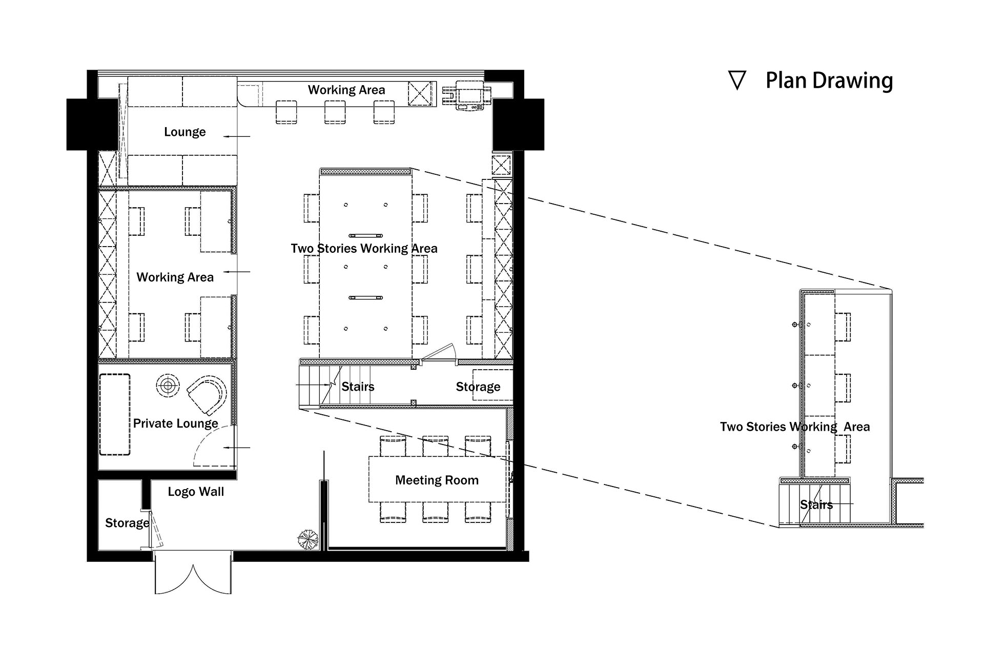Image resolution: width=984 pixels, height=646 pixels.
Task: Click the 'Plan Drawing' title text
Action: pos(829,81)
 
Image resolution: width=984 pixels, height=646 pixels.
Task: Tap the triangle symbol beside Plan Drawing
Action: pos(737,80)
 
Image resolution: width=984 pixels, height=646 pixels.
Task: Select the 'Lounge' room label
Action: pos(184,132)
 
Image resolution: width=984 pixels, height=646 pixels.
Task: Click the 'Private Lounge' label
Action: pos(176,423)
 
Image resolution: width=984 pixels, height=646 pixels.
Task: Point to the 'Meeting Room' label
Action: pos(437,480)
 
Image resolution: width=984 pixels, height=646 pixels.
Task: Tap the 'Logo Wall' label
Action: pos(196,492)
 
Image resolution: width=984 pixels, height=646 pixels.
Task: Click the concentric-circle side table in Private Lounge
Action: pos(168,385)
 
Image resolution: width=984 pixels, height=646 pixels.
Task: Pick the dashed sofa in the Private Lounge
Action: pos(115,415)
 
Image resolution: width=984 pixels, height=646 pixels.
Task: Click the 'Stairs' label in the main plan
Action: pos(358,387)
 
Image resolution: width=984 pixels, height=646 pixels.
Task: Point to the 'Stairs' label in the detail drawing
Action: pos(816,504)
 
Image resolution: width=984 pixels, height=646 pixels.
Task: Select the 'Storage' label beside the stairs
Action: pos(478,387)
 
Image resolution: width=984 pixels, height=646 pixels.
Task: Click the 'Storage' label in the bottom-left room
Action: pos(127,523)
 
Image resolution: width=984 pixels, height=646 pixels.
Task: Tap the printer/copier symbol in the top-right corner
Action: pos(467,95)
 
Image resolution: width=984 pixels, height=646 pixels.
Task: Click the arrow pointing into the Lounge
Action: pos(237,136)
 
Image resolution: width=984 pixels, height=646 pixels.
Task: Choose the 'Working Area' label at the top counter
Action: pos(346,90)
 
